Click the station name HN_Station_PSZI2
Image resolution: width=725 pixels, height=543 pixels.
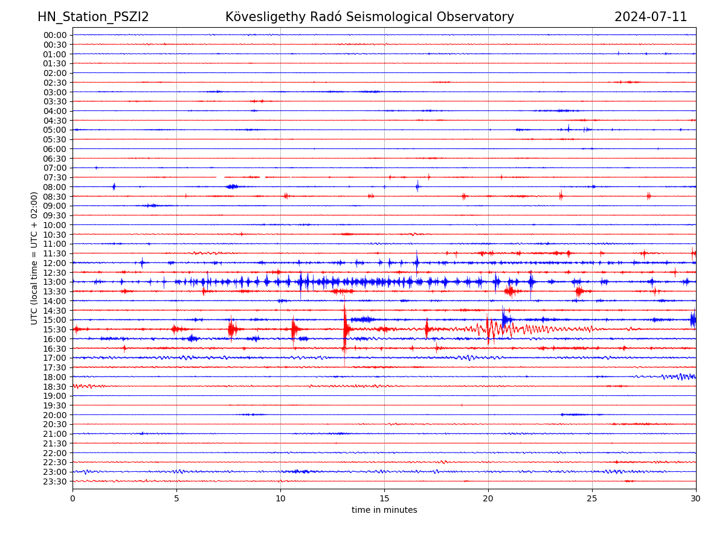[93, 17]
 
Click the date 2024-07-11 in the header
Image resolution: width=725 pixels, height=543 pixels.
[651, 17]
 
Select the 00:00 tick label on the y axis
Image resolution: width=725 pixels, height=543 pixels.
[54, 35]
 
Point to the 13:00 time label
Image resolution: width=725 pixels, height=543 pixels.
[54, 282]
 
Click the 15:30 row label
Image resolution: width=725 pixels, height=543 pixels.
[54, 329]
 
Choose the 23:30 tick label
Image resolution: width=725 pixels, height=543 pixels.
[54, 481]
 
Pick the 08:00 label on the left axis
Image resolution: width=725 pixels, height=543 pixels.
[54, 187]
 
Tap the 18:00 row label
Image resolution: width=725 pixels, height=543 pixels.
[54, 377]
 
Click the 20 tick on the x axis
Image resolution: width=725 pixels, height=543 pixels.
[488, 499]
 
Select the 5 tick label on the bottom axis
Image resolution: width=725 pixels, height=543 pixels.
[176, 499]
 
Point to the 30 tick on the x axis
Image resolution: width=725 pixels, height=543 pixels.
[696, 499]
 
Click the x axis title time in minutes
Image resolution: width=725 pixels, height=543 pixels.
[384, 510]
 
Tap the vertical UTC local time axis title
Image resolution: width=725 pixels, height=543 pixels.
[34, 258]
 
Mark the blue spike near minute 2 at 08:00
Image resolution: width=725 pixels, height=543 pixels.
[114, 186]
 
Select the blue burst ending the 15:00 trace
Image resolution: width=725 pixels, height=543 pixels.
[693, 319]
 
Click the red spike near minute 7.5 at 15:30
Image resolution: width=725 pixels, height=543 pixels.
[231, 329]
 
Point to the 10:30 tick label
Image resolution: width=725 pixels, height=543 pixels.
[54, 235]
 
